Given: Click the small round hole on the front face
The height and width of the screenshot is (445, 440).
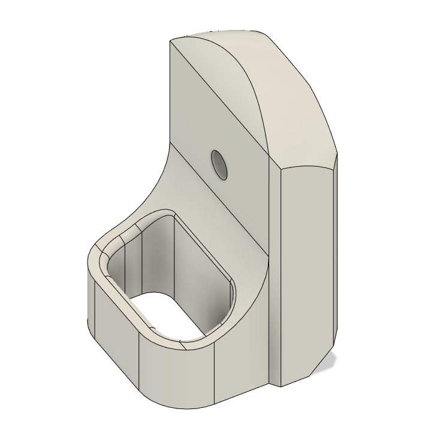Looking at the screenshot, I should (x=219, y=164).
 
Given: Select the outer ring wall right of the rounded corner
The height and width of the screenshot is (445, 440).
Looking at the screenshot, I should (x=240, y=366).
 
